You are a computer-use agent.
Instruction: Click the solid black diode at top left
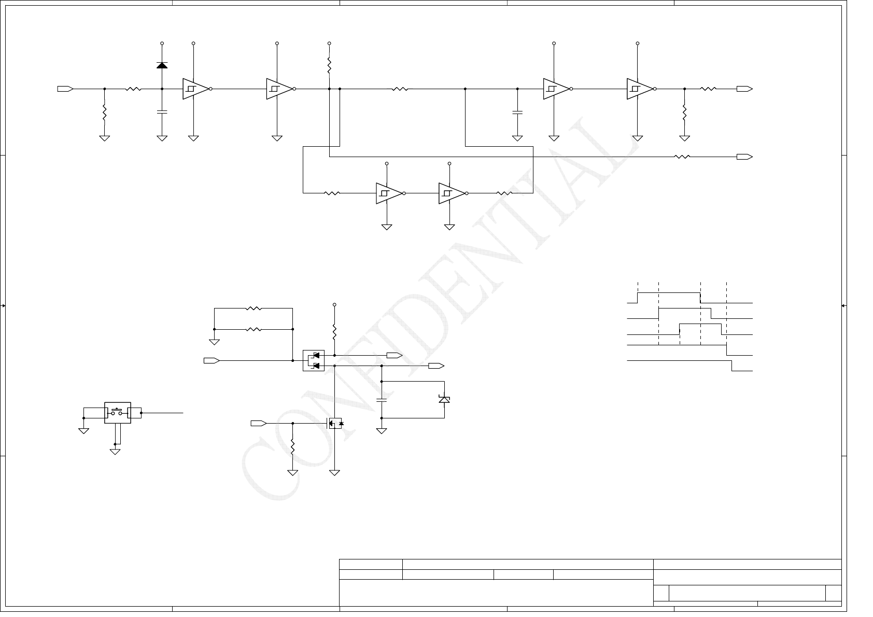coord(162,65)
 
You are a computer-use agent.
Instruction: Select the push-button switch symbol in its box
coord(118,413)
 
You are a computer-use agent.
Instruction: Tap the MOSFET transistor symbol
coord(334,424)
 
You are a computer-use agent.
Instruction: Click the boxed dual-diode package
coord(314,360)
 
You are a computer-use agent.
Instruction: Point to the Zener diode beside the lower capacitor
coord(444,399)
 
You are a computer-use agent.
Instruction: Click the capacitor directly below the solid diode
coord(162,111)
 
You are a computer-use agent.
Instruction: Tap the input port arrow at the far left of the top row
coord(65,89)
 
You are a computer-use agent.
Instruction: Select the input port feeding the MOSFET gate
coord(258,424)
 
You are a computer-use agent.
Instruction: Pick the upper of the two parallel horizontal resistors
coord(254,308)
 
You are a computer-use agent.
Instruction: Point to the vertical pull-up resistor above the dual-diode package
coord(334,330)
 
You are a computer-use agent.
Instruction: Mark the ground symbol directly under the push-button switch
coord(115,452)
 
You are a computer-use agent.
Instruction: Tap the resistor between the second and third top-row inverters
coord(400,89)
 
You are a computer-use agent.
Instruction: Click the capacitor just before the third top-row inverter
coord(517,111)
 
